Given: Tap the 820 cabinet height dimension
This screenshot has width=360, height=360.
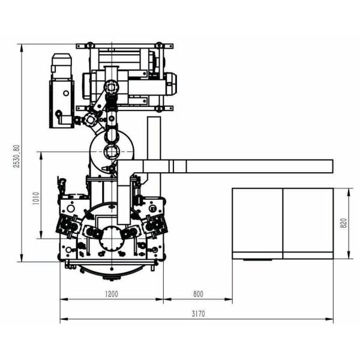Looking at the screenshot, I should tap(344, 223).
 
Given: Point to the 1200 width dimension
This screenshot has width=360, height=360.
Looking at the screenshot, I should tap(111, 294).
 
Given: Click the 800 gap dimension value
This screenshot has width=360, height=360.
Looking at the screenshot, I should tap(198, 294).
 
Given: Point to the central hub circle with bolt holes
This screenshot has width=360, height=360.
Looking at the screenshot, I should tap(112, 240).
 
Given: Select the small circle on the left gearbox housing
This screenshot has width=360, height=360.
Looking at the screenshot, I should tap(59, 114).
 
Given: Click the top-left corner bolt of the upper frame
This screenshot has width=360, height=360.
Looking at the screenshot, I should tap(89, 44).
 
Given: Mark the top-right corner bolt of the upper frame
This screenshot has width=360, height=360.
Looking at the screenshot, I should tap(159, 44).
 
